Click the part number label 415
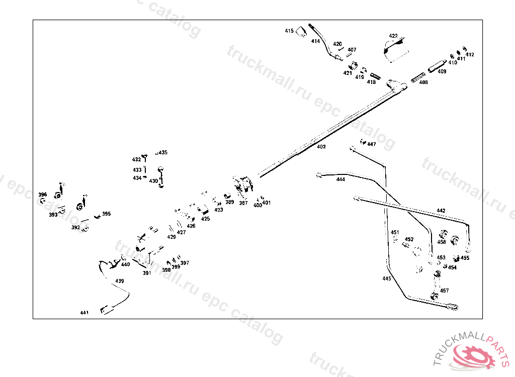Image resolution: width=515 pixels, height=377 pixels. point(289,31)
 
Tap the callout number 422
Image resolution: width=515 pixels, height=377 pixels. point(393,36)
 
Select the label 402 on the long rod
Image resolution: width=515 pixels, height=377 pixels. point(321,147)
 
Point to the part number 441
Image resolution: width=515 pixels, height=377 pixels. point(84,313)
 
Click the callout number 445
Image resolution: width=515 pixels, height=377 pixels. point(386,278)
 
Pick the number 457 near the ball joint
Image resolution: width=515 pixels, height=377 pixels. point(444,291)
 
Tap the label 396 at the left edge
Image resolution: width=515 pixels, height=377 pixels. point(43,195)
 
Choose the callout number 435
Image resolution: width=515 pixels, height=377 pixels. point(163,152)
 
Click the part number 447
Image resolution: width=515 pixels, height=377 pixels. point(371,144)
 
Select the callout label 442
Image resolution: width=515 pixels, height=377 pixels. point(441,211)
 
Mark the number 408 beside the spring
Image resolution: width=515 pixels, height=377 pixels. point(423,82)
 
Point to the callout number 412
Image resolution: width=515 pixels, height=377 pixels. point(470,54)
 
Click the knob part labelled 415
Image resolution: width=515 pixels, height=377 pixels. point(301,32)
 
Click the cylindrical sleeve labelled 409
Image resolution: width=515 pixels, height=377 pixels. point(437,65)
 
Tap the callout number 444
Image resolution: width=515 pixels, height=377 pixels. point(340,179)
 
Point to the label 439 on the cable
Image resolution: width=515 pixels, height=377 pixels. point(119,281)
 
